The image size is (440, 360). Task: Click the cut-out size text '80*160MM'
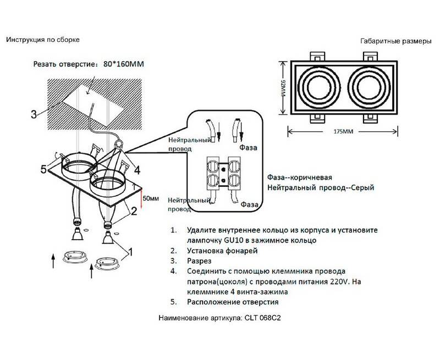pos(123,64)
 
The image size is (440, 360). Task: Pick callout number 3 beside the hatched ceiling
pos(34,114)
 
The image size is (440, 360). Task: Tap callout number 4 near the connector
pos(137,169)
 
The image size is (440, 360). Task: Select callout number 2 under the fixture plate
pos(134,211)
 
